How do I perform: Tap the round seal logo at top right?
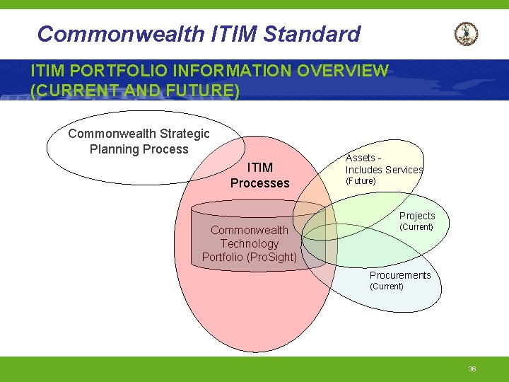(466, 33)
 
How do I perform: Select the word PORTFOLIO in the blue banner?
(116, 71)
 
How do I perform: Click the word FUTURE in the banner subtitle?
(199, 91)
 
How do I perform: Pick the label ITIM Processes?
(259, 175)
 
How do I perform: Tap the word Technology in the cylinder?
(250, 243)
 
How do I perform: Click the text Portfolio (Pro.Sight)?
(250, 257)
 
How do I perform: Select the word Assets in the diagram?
(360, 158)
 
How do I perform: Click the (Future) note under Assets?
(361, 181)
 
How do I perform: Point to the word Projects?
(417, 216)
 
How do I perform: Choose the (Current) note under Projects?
(416, 227)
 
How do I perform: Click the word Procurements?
(400, 275)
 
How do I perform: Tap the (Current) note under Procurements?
(387, 286)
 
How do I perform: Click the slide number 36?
(472, 369)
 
